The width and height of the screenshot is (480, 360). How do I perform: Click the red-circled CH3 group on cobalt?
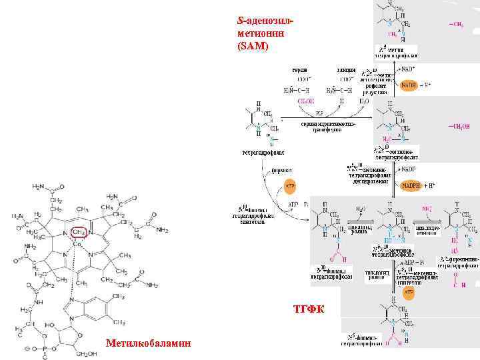[x=78, y=232]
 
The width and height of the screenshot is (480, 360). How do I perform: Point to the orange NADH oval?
[x=409, y=85]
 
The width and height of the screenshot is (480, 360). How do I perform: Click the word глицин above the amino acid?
[x=345, y=69]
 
